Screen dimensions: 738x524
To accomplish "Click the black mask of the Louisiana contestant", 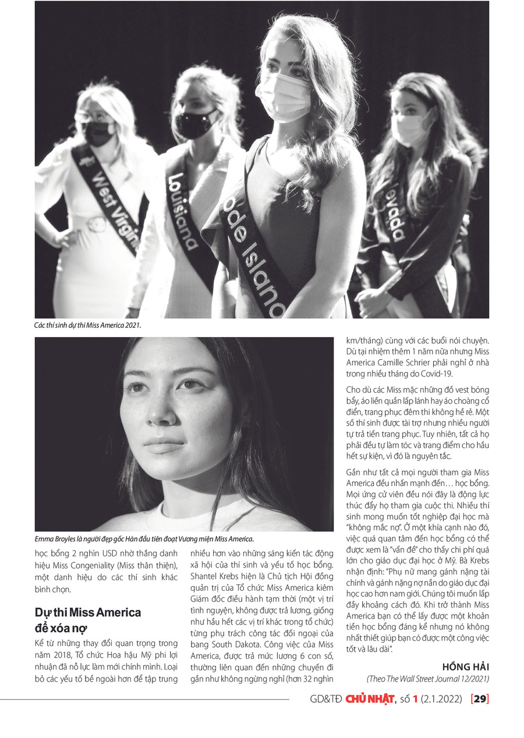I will click(x=196, y=123).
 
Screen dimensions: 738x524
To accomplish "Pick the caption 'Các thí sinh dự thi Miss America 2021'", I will click(x=88, y=326).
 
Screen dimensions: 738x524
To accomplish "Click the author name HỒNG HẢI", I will click(x=466, y=666).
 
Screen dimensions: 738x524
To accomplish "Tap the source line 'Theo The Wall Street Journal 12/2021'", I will click(x=428, y=679).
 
